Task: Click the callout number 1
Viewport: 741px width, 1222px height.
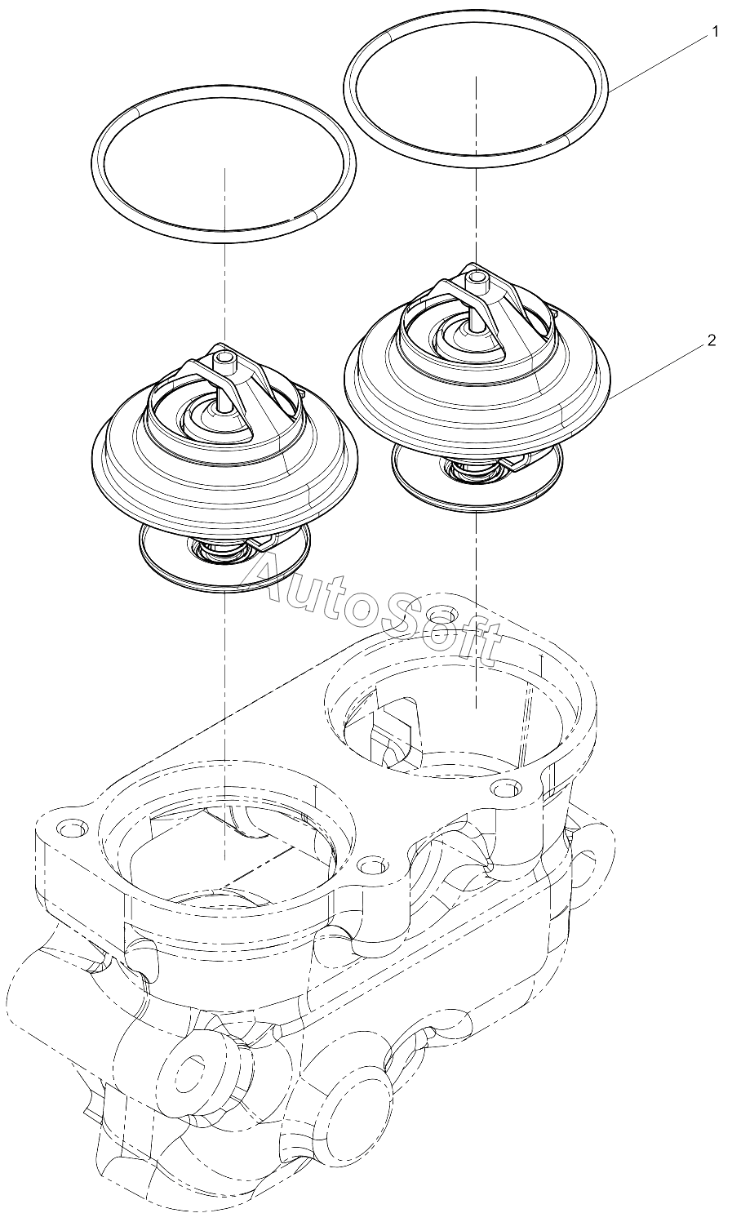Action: [714, 32]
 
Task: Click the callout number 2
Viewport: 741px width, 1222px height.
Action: [711, 340]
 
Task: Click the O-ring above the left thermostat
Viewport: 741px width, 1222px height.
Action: [224, 163]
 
